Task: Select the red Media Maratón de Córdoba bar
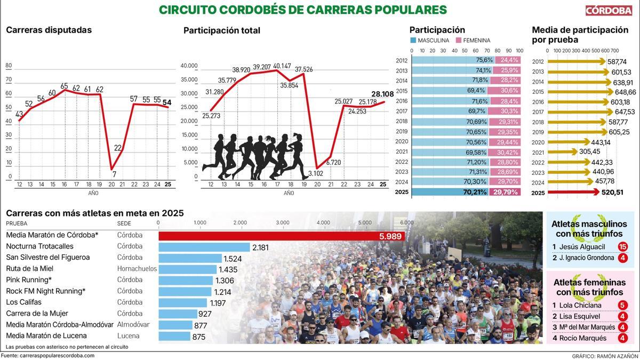pos(281,236)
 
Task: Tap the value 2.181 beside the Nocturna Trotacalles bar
pos(260,247)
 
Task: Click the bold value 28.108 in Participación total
pos(382,94)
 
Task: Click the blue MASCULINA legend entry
pos(430,41)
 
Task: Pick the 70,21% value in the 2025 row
pos(475,192)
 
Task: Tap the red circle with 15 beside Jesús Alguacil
pos(622,246)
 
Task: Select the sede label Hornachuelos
pos(137,269)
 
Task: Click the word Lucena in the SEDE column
pos(128,336)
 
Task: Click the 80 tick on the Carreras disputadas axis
pos(9,66)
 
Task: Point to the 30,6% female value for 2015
pos(509,91)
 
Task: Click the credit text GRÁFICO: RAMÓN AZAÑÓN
pos(605,356)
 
